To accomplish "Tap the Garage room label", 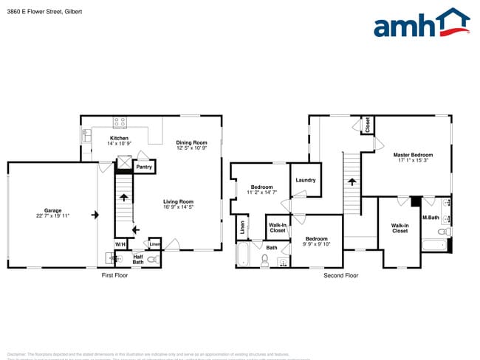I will (x=52, y=212).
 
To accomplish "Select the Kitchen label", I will (x=120, y=140).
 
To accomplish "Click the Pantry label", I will (x=144, y=167).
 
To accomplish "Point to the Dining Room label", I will (x=191, y=145).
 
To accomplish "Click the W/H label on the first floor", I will (x=120, y=244).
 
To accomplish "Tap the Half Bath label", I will (x=138, y=259).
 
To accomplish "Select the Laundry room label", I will (x=306, y=180).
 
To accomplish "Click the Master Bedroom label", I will (x=413, y=157).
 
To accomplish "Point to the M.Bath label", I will (x=431, y=218).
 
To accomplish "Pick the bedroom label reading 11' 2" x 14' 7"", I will (x=262, y=190).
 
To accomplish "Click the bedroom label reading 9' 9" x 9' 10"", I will (x=317, y=241).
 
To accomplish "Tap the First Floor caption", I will (x=114, y=275).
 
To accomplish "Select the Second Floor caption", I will (x=340, y=275).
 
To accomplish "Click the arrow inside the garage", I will (x=95, y=215).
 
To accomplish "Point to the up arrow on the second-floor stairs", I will (x=352, y=181).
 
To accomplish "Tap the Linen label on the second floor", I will (x=242, y=229).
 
